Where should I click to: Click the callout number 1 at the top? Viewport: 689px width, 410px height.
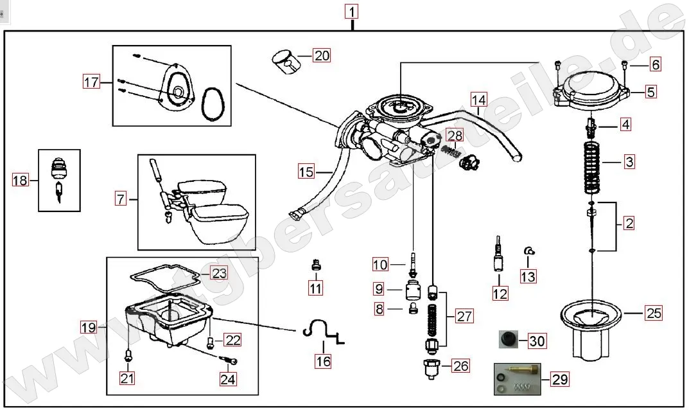click(x=353, y=11)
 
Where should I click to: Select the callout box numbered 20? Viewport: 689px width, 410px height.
click(x=321, y=55)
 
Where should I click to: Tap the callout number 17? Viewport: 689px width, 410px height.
click(x=91, y=82)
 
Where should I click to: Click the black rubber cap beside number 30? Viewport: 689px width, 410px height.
click(x=509, y=339)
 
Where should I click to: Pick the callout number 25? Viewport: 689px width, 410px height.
click(x=653, y=314)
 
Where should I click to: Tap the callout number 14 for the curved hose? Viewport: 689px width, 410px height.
click(x=478, y=100)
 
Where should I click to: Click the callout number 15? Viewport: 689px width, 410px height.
click(x=306, y=172)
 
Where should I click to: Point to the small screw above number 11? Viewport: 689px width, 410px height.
click(x=315, y=263)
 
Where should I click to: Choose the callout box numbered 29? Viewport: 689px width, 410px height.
click(x=560, y=379)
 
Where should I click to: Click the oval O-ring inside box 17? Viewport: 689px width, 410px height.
click(x=213, y=104)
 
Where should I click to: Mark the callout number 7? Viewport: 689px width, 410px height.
click(x=121, y=199)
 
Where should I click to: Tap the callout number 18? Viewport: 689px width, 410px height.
click(x=21, y=181)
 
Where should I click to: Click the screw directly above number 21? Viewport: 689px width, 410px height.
click(x=128, y=353)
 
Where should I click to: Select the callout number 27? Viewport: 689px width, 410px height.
click(x=464, y=316)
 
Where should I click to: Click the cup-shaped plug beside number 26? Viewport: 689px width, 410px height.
click(x=431, y=369)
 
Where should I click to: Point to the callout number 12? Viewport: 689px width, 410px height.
click(x=500, y=294)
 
